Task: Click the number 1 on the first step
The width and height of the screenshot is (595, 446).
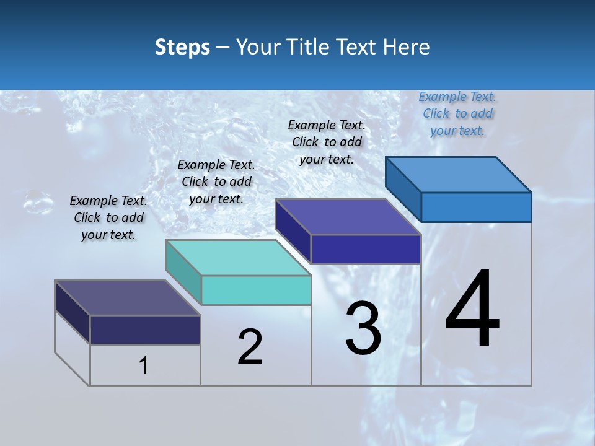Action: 144,366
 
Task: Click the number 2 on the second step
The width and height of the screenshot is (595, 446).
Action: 250,347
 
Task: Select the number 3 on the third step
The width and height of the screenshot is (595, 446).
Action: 363,328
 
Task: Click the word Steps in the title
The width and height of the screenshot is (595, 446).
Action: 182,47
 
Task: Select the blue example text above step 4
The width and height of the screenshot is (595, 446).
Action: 457,114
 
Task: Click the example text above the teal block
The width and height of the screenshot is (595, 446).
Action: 216,181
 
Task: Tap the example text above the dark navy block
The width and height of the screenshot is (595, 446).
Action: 108,217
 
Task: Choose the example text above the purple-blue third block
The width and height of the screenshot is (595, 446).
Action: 327,142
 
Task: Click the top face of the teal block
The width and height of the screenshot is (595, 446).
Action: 238,257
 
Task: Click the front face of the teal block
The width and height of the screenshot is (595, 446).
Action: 256,290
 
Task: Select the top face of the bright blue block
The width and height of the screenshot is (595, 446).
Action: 459,174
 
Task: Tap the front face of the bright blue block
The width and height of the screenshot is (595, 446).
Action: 476,207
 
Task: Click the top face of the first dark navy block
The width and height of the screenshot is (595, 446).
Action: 127,298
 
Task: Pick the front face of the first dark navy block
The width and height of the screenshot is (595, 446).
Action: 145,330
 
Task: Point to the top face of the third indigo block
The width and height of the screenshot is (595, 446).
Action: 348,217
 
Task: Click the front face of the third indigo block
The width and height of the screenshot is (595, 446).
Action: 366,249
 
